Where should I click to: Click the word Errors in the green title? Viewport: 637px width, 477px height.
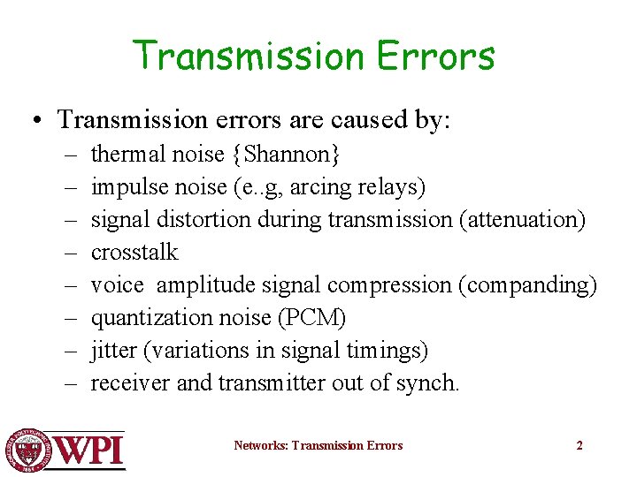(x=435, y=57)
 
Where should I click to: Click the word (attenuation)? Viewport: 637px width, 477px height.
(x=522, y=220)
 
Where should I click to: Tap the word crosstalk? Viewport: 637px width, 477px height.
(x=134, y=253)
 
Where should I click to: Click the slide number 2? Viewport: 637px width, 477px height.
(x=579, y=445)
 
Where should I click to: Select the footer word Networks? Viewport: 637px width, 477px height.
(x=260, y=445)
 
